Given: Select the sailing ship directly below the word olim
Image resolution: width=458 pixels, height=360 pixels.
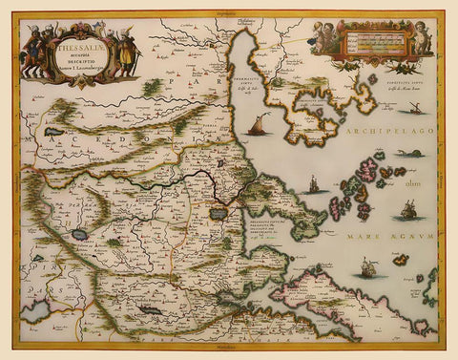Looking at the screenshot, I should pyautogui.click(x=408, y=209).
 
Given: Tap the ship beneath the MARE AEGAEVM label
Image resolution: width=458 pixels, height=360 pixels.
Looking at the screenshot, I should pyautogui.click(x=367, y=269).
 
